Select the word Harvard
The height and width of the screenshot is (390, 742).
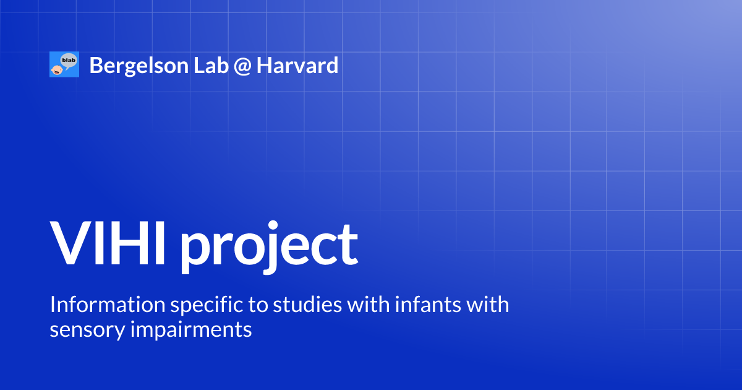click(298, 65)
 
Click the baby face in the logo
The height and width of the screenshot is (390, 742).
click(56, 69)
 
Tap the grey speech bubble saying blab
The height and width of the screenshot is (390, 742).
click(69, 59)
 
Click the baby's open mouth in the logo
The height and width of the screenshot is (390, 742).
click(57, 71)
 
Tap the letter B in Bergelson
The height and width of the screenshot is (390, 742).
click(96, 65)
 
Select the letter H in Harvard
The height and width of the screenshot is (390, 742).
click(264, 65)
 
